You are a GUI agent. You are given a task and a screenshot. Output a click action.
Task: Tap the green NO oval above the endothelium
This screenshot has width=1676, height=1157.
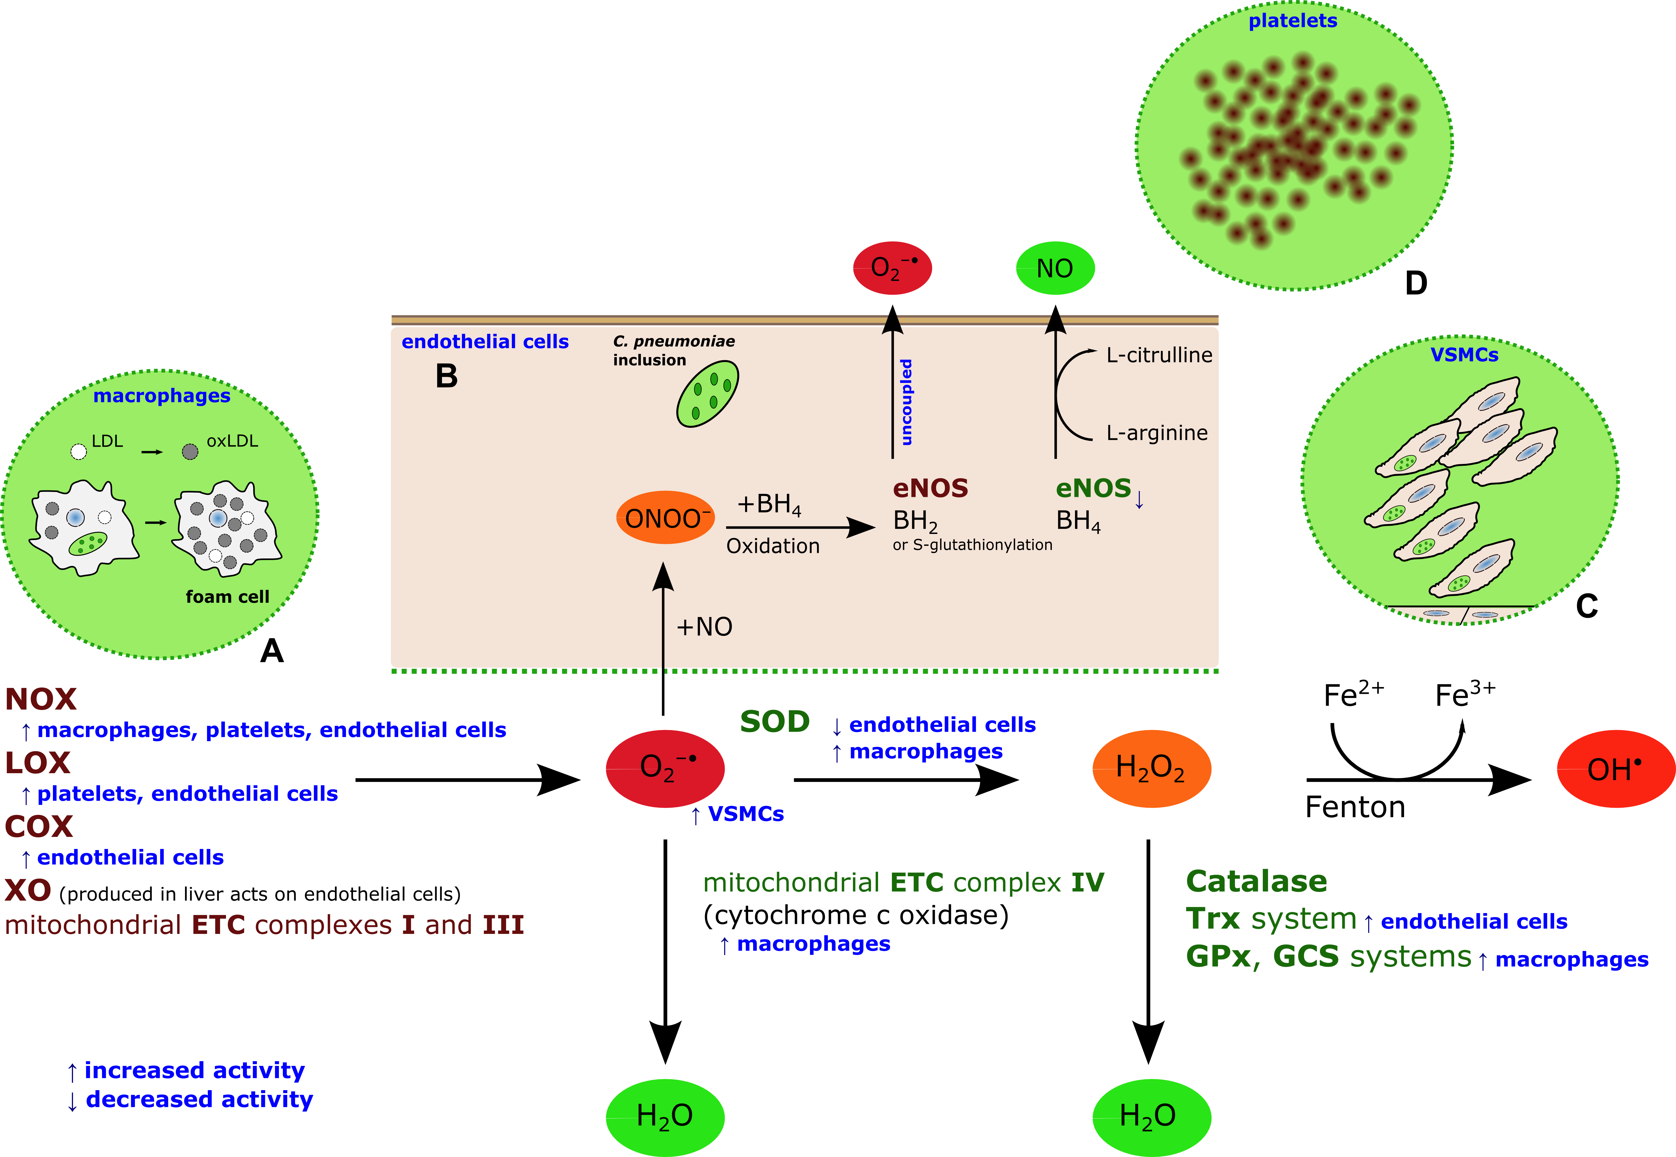click(1054, 268)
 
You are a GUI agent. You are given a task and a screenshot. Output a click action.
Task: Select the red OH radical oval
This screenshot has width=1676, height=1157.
click(1615, 769)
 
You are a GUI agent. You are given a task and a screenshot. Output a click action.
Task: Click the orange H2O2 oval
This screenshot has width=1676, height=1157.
click(1151, 768)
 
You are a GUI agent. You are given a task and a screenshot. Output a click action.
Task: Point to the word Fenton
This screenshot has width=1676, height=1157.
click(1355, 807)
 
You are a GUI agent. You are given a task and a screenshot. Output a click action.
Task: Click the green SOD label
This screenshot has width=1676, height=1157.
click(775, 722)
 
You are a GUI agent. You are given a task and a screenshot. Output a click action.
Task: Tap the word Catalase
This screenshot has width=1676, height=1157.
click(1256, 882)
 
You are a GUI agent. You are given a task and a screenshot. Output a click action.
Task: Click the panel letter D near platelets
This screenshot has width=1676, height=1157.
click(1416, 283)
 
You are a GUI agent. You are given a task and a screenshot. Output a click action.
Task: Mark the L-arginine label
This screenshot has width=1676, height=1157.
click(1157, 433)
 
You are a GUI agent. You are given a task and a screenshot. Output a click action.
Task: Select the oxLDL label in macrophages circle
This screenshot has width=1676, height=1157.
click(232, 441)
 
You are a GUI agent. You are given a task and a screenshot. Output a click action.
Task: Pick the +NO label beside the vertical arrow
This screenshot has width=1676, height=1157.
click(704, 626)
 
